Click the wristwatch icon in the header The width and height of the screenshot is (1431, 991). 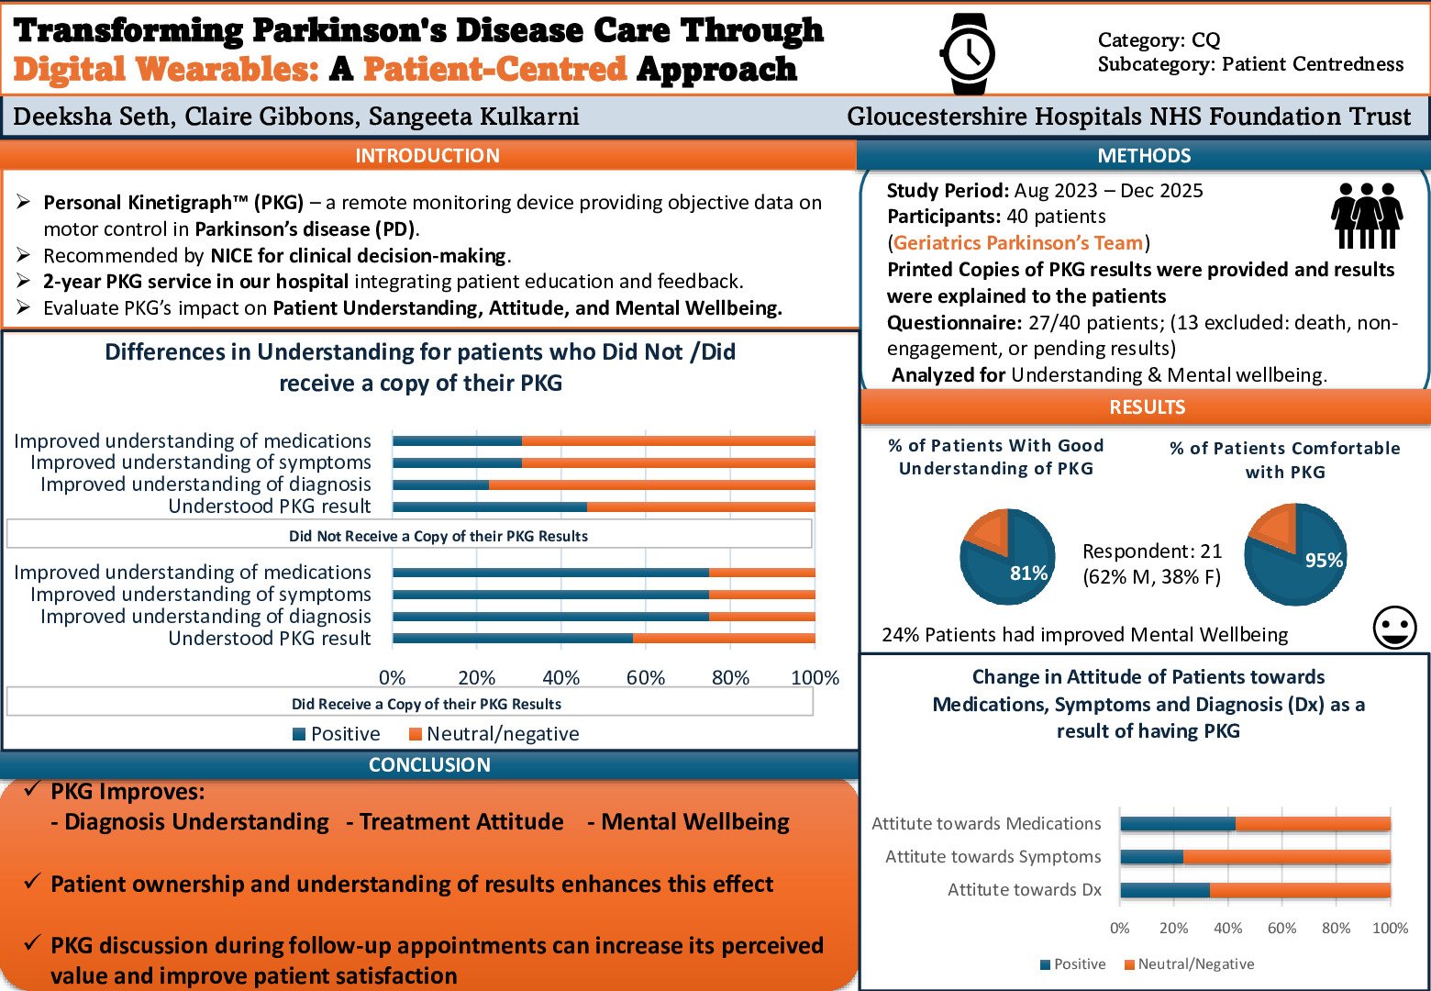pos(969,54)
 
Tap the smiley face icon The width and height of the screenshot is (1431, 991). pos(1394,629)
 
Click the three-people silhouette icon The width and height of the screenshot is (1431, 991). pos(1366,216)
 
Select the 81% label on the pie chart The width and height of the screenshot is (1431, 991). pos(1028,573)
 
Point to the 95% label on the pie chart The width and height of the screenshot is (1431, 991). pos(1324,560)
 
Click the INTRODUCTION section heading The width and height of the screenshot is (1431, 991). pos(427,156)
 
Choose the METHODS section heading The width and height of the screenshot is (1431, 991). pos(1144,156)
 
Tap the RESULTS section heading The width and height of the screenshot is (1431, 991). pos(1147,407)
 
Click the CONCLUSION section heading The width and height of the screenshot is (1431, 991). pos(429,765)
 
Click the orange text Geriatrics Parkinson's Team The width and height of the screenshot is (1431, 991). pos(1018,243)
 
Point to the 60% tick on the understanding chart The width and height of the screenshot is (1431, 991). pos(645,678)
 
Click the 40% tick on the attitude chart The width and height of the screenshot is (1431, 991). pos(1227,929)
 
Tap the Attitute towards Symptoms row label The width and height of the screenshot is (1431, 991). pos(993,857)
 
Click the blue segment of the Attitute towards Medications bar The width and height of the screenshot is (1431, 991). pos(1177,824)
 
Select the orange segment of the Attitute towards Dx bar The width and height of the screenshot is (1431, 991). pos(1299,890)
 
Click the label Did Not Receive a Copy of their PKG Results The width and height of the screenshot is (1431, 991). pos(438,536)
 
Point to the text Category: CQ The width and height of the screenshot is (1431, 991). pos(1159,40)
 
